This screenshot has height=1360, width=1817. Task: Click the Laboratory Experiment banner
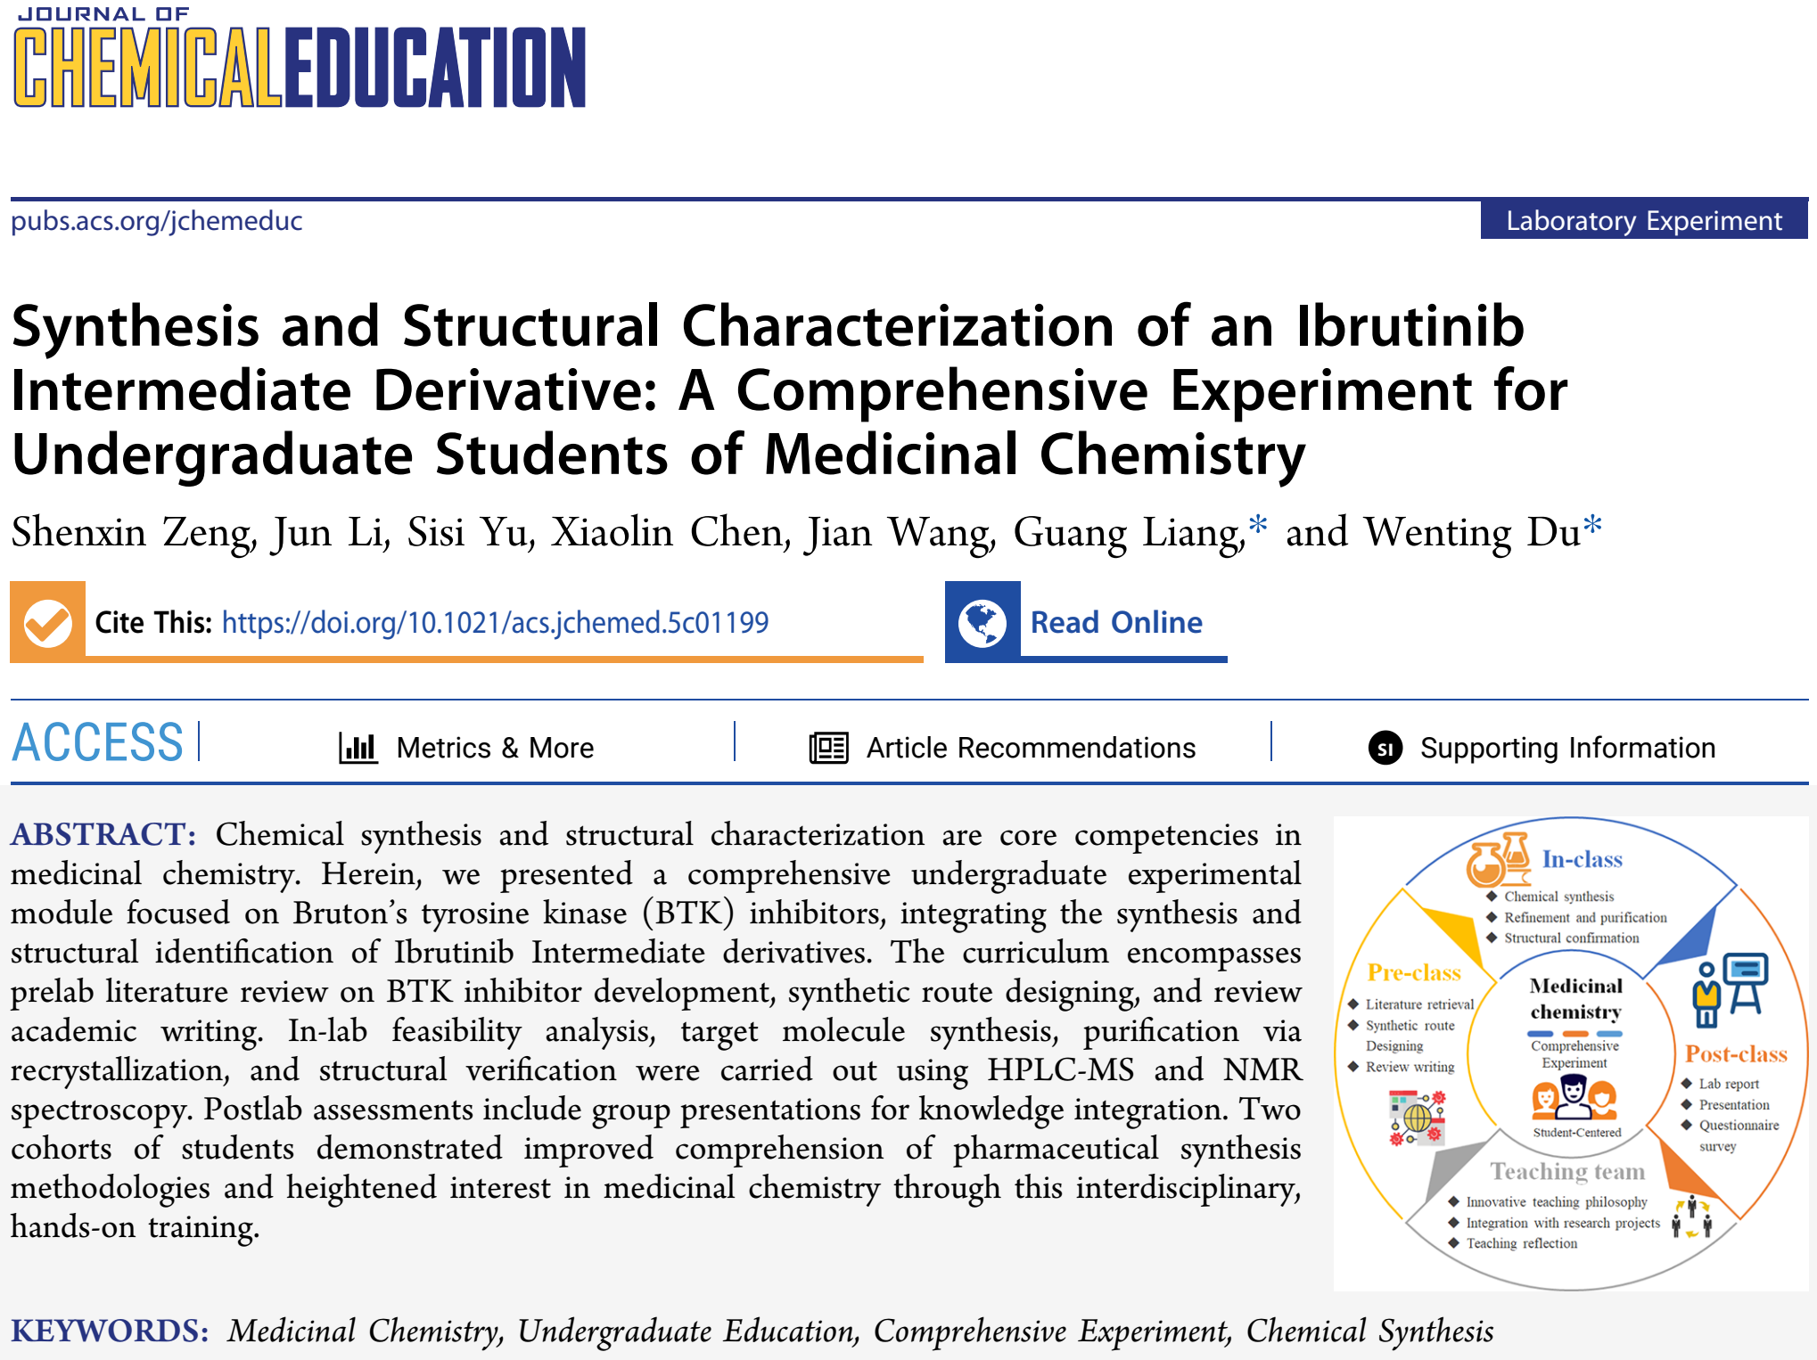click(1643, 220)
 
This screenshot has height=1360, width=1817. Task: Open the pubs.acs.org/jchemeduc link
click(157, 221)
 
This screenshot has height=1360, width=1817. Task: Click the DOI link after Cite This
click(495, 622)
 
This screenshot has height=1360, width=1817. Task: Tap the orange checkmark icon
click(48, 622)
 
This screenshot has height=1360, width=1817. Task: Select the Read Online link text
click(1116, 622)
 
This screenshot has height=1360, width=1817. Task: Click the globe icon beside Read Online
click(982, 622)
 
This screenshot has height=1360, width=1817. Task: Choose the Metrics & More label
click(495, 748)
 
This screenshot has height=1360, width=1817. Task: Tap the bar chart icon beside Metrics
click(358, 748)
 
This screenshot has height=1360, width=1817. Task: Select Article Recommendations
click(1031, 748)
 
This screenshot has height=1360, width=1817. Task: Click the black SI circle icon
click(1385, 749)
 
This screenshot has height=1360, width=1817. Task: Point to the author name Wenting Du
click(1473, 532)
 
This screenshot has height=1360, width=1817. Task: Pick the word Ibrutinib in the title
click(1410, 326)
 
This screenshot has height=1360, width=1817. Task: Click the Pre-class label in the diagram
click(1414, 972)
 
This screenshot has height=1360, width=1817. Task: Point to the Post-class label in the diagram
click(1736, 1054)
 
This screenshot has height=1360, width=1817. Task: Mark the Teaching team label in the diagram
click(1567, 1171)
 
